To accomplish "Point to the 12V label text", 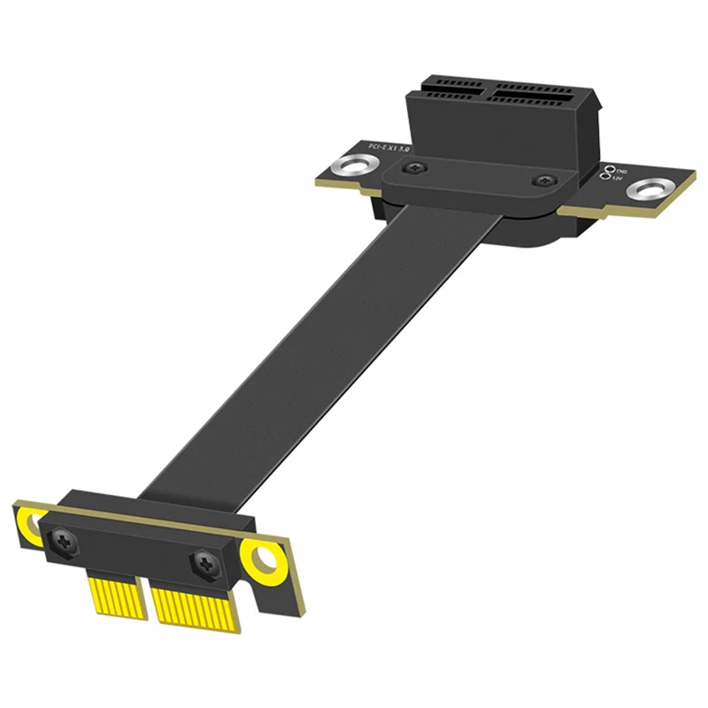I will pyautogui.click(x=618, y=179).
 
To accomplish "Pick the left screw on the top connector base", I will pyautogui.click(x=408, y=167).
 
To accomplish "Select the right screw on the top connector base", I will pyautogui.click(x=540, y=181).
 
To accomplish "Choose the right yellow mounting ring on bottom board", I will pyautogui.click(x=263, y=560).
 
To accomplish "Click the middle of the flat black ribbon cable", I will pyautogui.click(x=336, y=354).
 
